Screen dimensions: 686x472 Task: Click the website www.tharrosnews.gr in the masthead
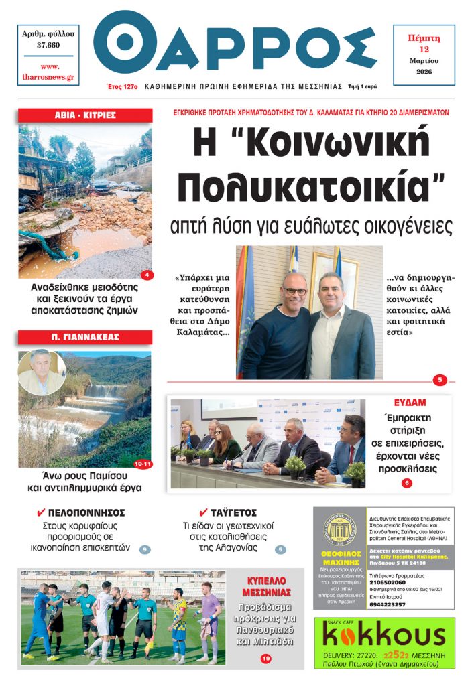click(x=48, y=72)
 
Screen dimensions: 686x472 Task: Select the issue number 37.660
click(x=48, y=46)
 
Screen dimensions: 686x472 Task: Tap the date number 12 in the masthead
click(x=424, y=50)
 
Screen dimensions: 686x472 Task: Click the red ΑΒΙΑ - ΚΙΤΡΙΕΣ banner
click(x=85, y=115)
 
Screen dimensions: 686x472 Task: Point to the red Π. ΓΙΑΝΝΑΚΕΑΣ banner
click(x=85, y=337)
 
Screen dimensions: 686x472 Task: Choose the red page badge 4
click(x=147, y=275)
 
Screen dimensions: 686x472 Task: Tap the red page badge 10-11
click(x=143, y=463)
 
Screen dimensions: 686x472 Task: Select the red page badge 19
click(x=266, y=659)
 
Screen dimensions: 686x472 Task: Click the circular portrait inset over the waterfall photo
click(x=41, y=372)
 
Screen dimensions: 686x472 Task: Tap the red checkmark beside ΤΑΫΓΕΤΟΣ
click(x=203, y=512)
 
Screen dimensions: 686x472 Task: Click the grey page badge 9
click(x=145, y=550)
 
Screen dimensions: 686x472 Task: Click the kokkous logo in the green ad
click(x=383, y=635)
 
